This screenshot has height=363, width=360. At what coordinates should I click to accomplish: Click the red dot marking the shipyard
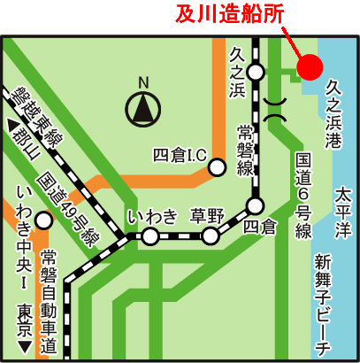pos(310,66)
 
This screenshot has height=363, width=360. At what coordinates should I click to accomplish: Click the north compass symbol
pos(143,110)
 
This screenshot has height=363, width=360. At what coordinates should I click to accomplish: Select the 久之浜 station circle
pos(256,72)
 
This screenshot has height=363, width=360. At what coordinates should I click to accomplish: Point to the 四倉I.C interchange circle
pos(216,166)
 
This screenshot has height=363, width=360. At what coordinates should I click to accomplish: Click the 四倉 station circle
pos(255,207)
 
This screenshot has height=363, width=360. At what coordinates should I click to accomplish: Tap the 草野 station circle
pos(211,236)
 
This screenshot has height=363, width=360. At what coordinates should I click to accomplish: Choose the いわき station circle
pos(151,236)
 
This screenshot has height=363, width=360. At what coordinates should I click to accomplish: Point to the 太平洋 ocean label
pos(341,206)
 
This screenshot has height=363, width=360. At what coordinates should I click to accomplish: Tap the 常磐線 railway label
pos(245,149)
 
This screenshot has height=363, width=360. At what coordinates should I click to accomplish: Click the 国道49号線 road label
pos(65,212)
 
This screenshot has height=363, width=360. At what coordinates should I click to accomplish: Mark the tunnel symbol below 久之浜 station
pos(275,111)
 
